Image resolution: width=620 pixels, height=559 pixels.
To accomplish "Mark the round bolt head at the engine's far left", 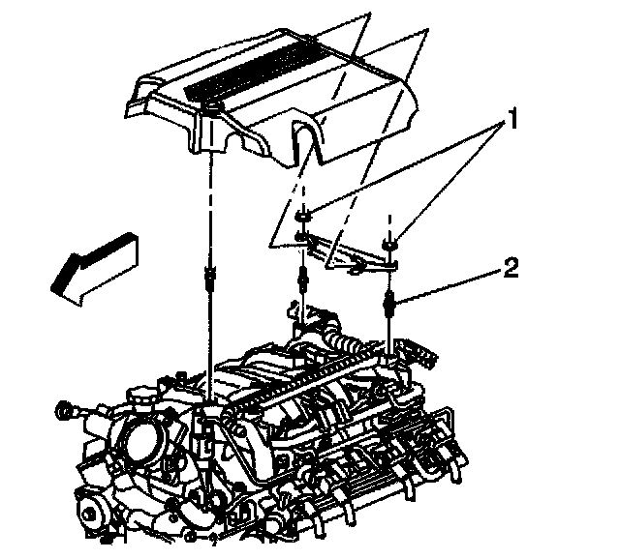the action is coord(67,411).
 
